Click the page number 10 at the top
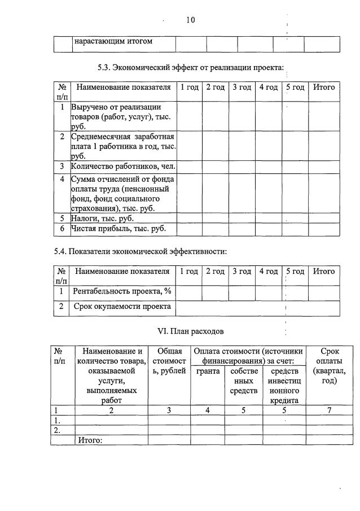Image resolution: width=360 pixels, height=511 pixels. click(x=190, y=20)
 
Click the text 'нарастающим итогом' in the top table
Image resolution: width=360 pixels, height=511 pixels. click(x=113, y=42)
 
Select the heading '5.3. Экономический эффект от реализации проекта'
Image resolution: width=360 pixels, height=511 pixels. click(x=190, y=68)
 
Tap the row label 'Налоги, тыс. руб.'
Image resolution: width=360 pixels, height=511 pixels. click(x=102, y=218)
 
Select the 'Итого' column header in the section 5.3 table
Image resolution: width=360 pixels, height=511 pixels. click(x=324, y=87)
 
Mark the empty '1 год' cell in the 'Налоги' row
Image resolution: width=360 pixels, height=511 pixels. click(x=188, y=218)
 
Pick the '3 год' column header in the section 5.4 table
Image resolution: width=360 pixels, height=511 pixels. click(x=242, y=271)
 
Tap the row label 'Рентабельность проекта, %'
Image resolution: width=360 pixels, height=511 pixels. click(x=122, y=291)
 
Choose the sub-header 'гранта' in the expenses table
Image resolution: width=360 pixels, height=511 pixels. click(x=208, y=371)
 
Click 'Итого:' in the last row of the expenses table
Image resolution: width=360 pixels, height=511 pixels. click(x=89, y=440)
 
